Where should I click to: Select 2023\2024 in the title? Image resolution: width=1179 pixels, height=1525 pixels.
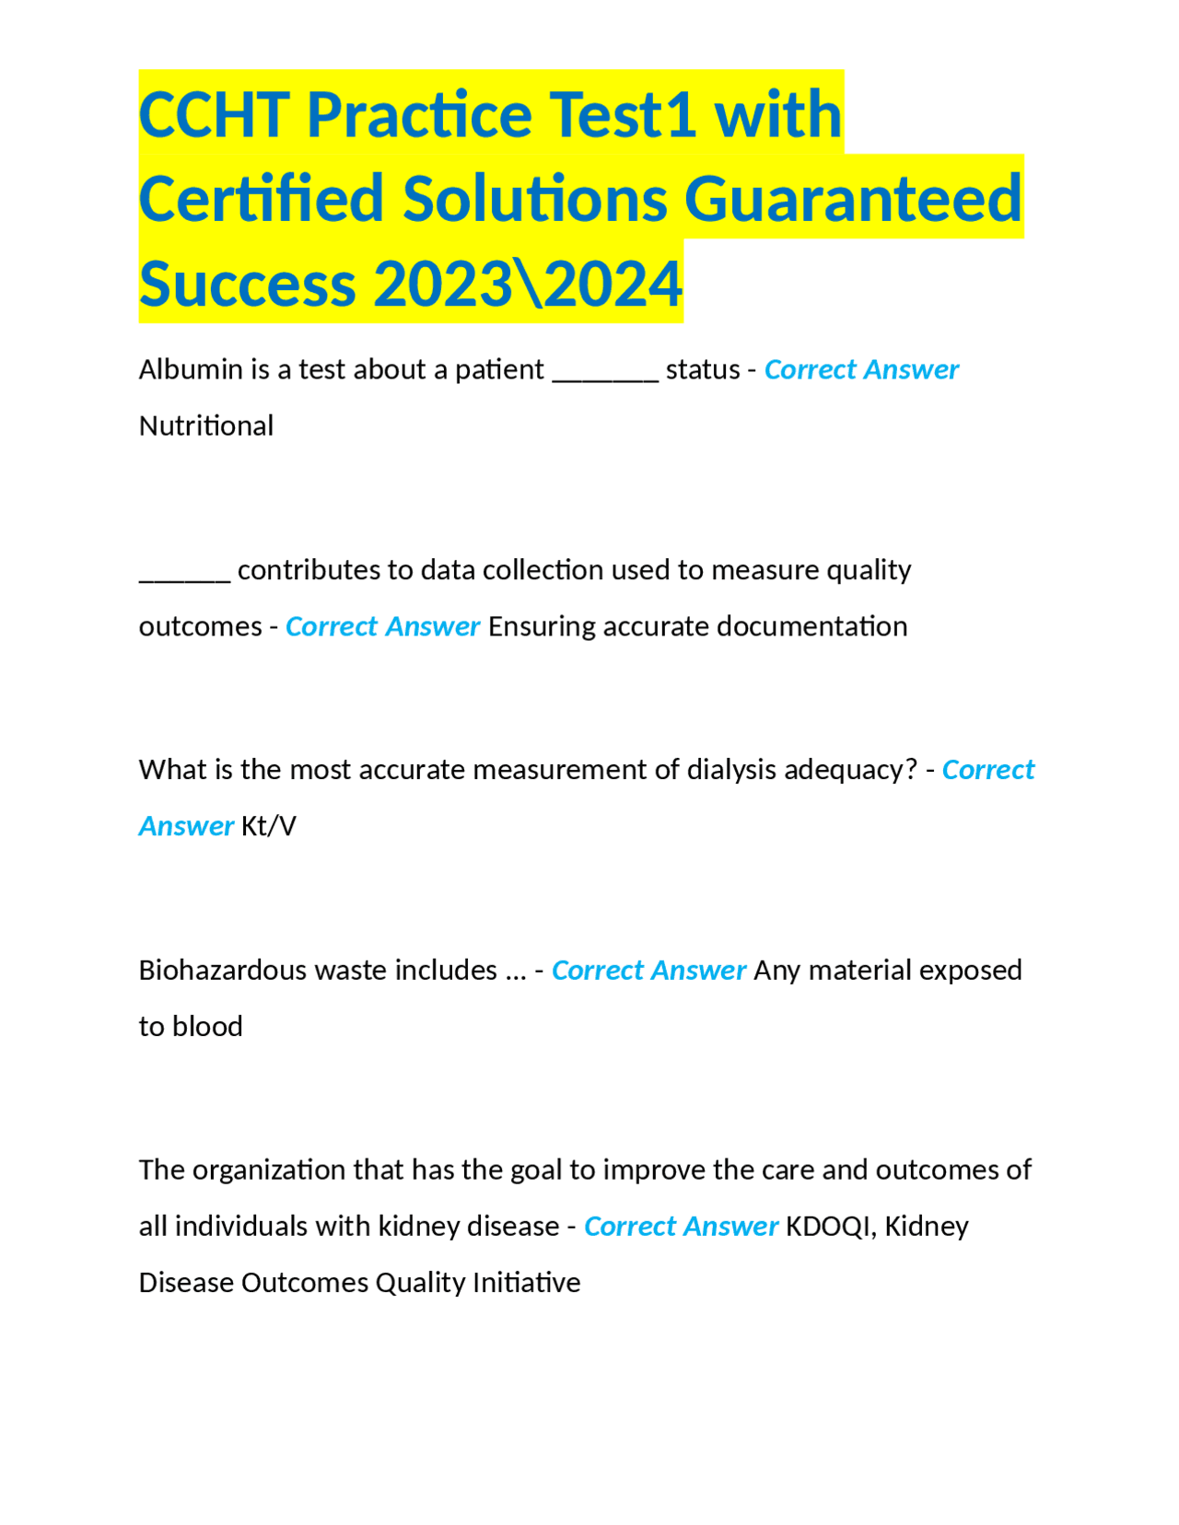[x=528, y=284]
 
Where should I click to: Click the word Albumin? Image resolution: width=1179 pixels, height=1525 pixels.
[x=178, y=369]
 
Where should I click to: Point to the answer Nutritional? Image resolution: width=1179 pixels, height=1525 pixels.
[x=206, y=426]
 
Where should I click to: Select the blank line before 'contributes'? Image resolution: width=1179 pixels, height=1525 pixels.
[x=184, y=576]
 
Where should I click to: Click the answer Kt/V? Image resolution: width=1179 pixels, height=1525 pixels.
[x=269, y=826]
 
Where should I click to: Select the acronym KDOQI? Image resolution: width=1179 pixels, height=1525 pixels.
[x=827, y=1227]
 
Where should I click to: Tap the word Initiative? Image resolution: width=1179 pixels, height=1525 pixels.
[x=526, y=1283]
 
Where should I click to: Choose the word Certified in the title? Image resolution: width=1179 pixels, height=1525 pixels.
[x=262, y=199]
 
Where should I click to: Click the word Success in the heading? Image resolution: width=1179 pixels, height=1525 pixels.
[x=248, y=284]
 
